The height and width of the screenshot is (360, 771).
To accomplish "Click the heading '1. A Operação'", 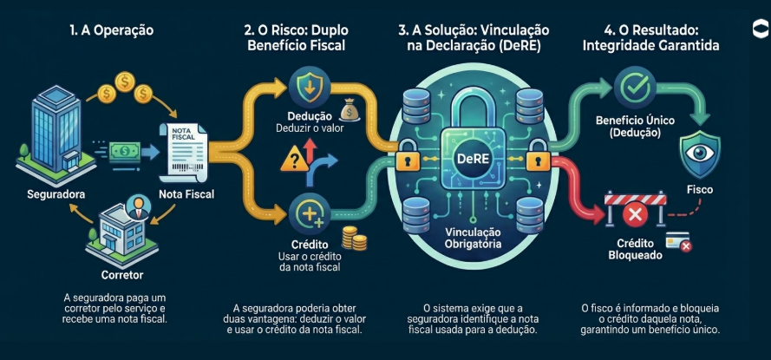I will [x=111, y=30].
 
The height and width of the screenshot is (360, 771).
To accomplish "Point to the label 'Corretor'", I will [x=122, y=273].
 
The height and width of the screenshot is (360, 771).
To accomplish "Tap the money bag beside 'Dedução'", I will [x=350, y=110].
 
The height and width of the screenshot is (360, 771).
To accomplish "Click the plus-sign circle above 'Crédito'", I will [x=310, y=211].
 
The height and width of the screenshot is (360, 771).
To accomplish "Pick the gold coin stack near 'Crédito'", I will [x=352, y=239].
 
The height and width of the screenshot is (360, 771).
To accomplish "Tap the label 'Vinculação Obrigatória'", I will [x=474, y=239].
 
